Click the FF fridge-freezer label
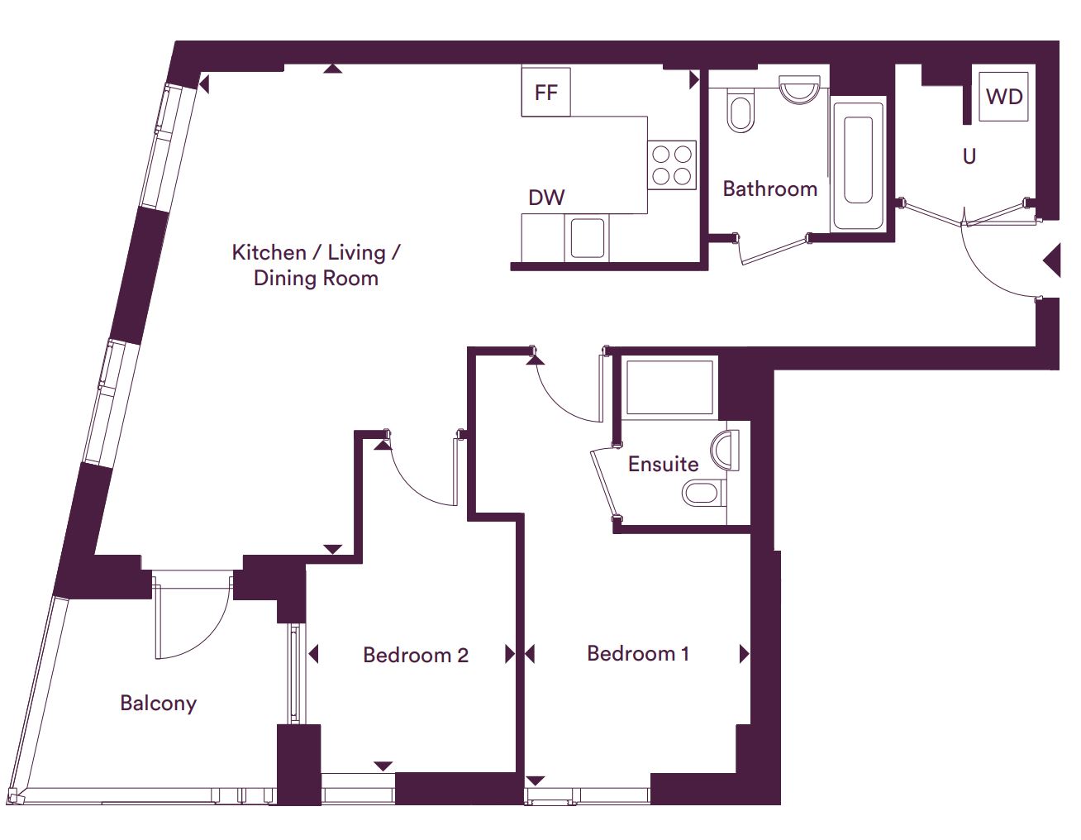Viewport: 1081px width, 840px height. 545,93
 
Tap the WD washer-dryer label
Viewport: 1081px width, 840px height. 1004,97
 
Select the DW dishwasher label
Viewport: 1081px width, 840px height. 546,198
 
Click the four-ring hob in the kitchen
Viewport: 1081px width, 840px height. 672,165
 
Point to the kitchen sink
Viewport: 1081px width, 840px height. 587,238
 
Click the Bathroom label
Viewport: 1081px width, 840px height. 770,189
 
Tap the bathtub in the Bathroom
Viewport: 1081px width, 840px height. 858,164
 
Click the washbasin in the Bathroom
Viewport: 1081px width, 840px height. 799,89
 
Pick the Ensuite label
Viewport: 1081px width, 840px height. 663,465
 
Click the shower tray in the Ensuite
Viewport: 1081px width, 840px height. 669,388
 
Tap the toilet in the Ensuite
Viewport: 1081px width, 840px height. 704,493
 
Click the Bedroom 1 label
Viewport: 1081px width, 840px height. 638,654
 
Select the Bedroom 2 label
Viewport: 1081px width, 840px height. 416,655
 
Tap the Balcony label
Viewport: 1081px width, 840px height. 158,704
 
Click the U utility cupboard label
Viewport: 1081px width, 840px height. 969,157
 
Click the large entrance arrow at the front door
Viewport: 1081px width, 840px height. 1052,260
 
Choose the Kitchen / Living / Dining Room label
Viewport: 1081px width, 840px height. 316,265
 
